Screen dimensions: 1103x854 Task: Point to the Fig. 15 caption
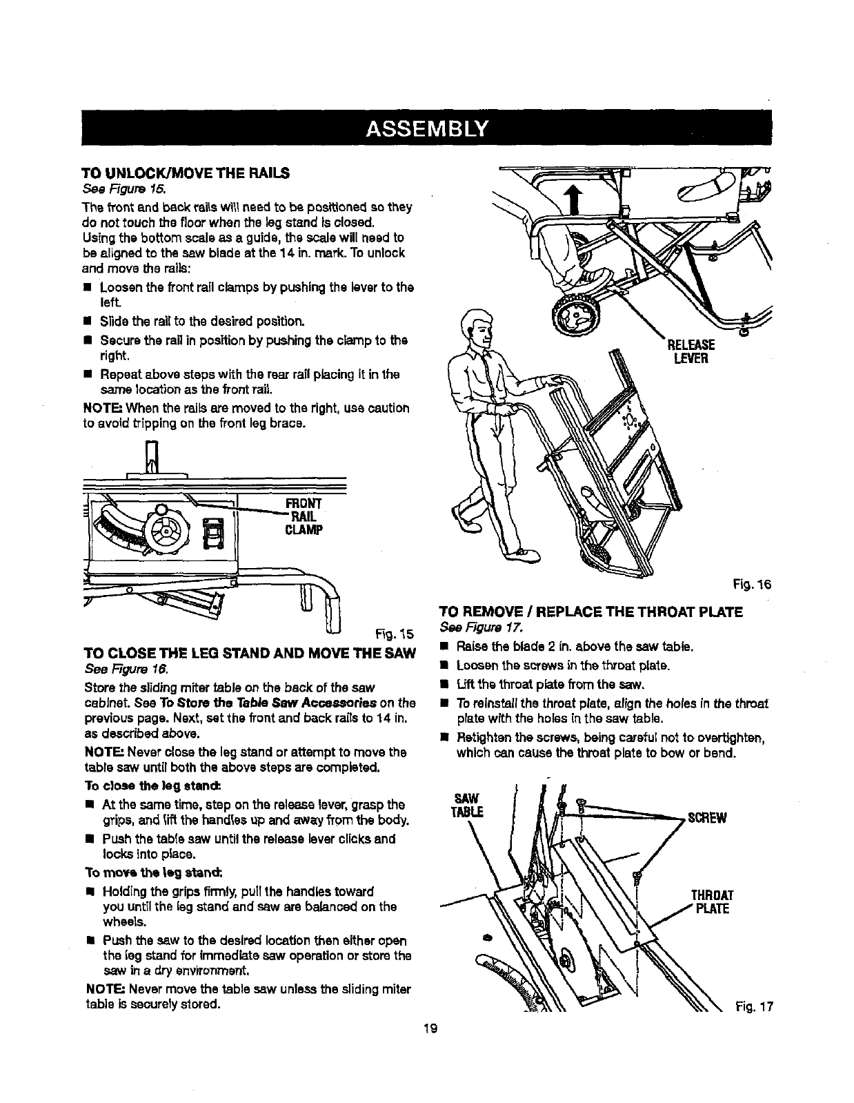pos(393,634)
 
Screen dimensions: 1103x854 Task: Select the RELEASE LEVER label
pos(691,352)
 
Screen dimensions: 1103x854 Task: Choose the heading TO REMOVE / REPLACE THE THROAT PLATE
pos(590,612)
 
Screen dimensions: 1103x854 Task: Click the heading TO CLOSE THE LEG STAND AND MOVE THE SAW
pos(249,654)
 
